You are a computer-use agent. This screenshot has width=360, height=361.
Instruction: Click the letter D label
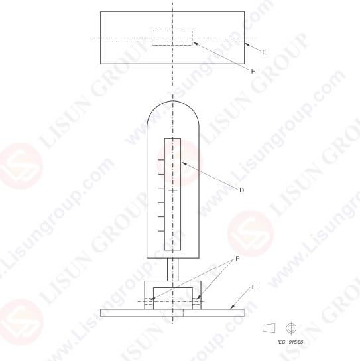tap(241, 190)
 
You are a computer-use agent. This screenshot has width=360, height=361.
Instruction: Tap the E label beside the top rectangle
tap(265, 51)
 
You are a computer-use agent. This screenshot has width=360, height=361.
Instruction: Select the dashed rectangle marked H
tap(172, 38)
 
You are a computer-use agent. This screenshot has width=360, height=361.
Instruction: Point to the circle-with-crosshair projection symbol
tap(290, 328)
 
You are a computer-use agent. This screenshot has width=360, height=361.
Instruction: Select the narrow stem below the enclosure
tap(172, 269)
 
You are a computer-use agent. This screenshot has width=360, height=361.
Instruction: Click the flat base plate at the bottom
tap(172, 312)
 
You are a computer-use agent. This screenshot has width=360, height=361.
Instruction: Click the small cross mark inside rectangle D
tap(172, 190)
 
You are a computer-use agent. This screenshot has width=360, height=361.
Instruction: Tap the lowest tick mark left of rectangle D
tap(160, 230)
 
